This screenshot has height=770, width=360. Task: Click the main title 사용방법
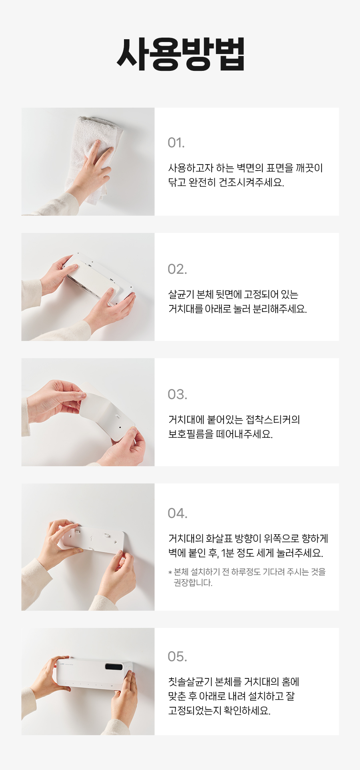(x=180, y=54)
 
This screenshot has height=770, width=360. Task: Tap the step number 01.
(x=176, y=143)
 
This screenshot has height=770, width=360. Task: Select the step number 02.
(x=177, y=269)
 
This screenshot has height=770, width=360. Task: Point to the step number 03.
(x=177, y=395)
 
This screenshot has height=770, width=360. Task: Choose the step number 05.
(x=177, y=657)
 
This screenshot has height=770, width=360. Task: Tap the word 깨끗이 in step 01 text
(x=309, y=168)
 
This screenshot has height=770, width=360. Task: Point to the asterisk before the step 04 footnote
(x=170, y=573)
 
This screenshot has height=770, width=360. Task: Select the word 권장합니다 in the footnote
(x=193, y=583)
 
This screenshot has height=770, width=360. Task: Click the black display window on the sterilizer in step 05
(x=114, y=667)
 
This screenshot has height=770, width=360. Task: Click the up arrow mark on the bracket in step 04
(x=91, y=539)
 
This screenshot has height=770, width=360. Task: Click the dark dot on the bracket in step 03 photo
(x=120, y=427)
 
